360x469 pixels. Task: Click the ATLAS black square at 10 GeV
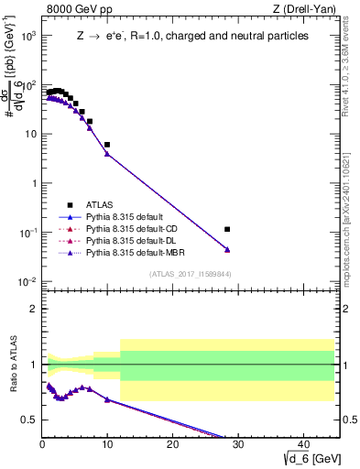click(107, 145)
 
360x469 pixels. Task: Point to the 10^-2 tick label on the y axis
click(27, 281)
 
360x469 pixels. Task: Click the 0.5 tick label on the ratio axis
click(27, 420)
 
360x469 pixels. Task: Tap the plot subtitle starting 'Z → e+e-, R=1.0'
click(192, 36)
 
